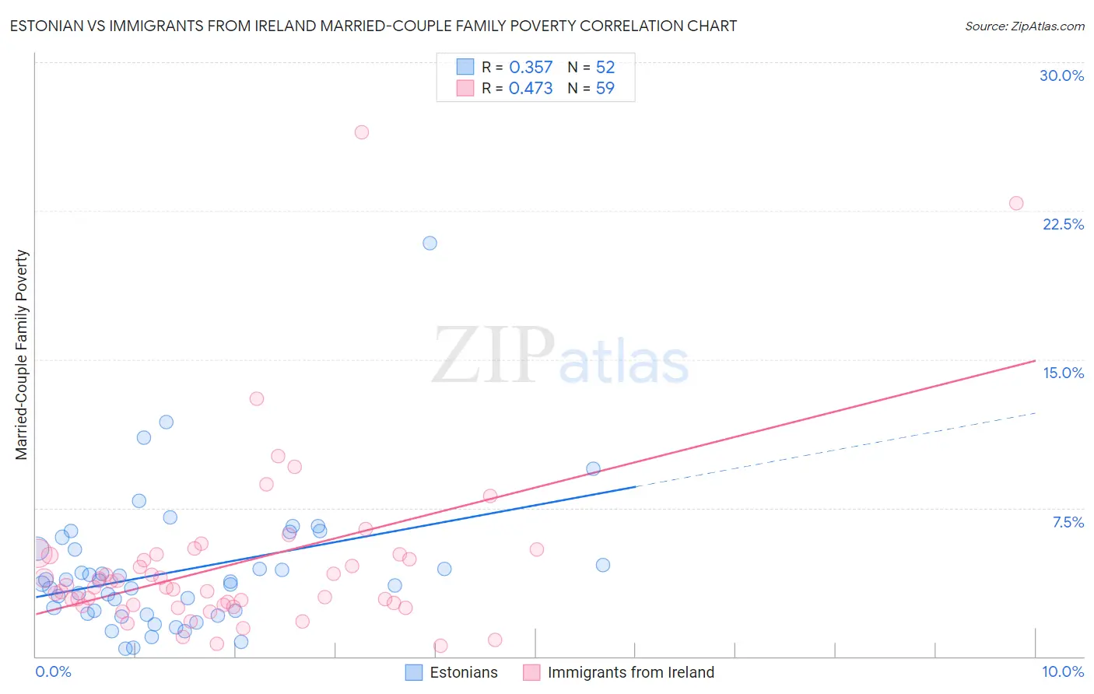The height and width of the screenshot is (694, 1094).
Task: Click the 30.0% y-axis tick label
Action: [1061, 75]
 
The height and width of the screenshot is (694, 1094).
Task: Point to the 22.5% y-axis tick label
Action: [1063, 224]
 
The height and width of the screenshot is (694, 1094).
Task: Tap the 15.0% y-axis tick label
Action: [1063, 373]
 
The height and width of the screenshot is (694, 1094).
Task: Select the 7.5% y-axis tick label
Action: [1068, 522]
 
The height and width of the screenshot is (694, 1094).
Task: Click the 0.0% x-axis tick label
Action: [53, 671]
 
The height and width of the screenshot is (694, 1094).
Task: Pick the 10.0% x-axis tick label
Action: [1062, 671]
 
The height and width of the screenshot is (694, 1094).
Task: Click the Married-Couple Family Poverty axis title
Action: [22, 355]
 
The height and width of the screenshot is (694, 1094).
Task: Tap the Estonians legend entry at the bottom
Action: [452, 672]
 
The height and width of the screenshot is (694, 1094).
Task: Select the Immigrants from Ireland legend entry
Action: [619, 672]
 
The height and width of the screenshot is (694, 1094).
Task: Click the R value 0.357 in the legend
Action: [531, 68]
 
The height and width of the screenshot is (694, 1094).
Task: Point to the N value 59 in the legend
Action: [605, 89]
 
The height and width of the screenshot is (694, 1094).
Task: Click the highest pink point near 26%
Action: [361, 132]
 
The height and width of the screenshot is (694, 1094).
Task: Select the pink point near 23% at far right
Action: [1015, 203]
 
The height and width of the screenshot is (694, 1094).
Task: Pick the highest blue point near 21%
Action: [430, 243]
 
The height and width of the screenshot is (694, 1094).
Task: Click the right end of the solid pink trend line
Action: [1034, 361]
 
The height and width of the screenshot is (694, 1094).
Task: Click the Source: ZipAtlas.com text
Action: [1024, 26]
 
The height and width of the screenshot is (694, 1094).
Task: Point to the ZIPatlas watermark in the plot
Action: [560, 357]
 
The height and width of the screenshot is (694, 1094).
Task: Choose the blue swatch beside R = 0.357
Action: [465, 67]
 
